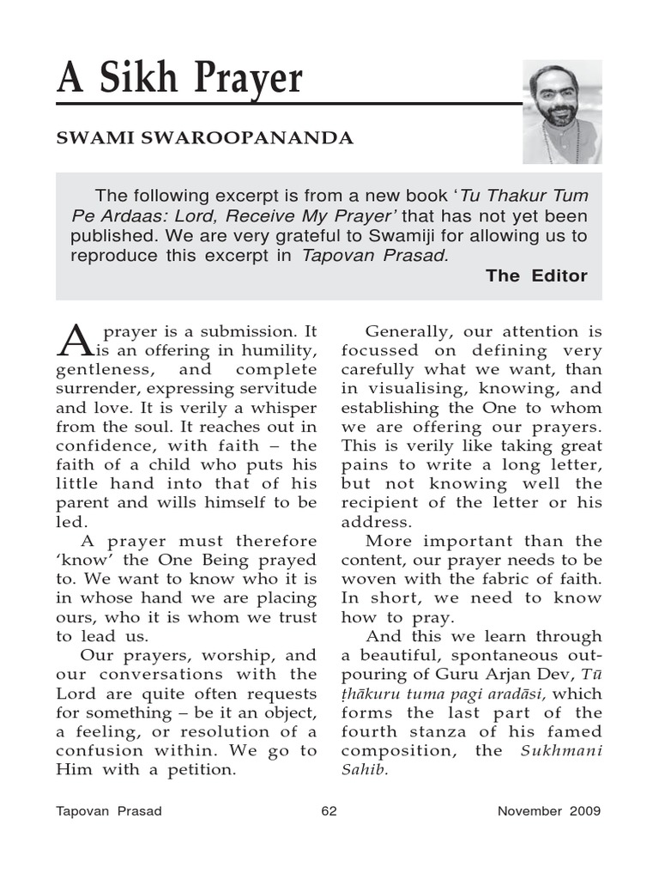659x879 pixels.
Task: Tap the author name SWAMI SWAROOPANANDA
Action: (204, 139)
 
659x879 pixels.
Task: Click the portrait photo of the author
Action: (562, 112)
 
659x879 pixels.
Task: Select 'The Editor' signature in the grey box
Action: (536, 276)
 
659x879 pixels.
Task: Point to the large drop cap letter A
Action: (72, 340)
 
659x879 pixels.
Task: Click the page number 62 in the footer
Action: (329, 811)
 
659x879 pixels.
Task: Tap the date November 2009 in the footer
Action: (549, 811)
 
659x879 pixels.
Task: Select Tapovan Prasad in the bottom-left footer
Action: (109, 811)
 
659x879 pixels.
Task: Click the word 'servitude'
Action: (276, 389)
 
